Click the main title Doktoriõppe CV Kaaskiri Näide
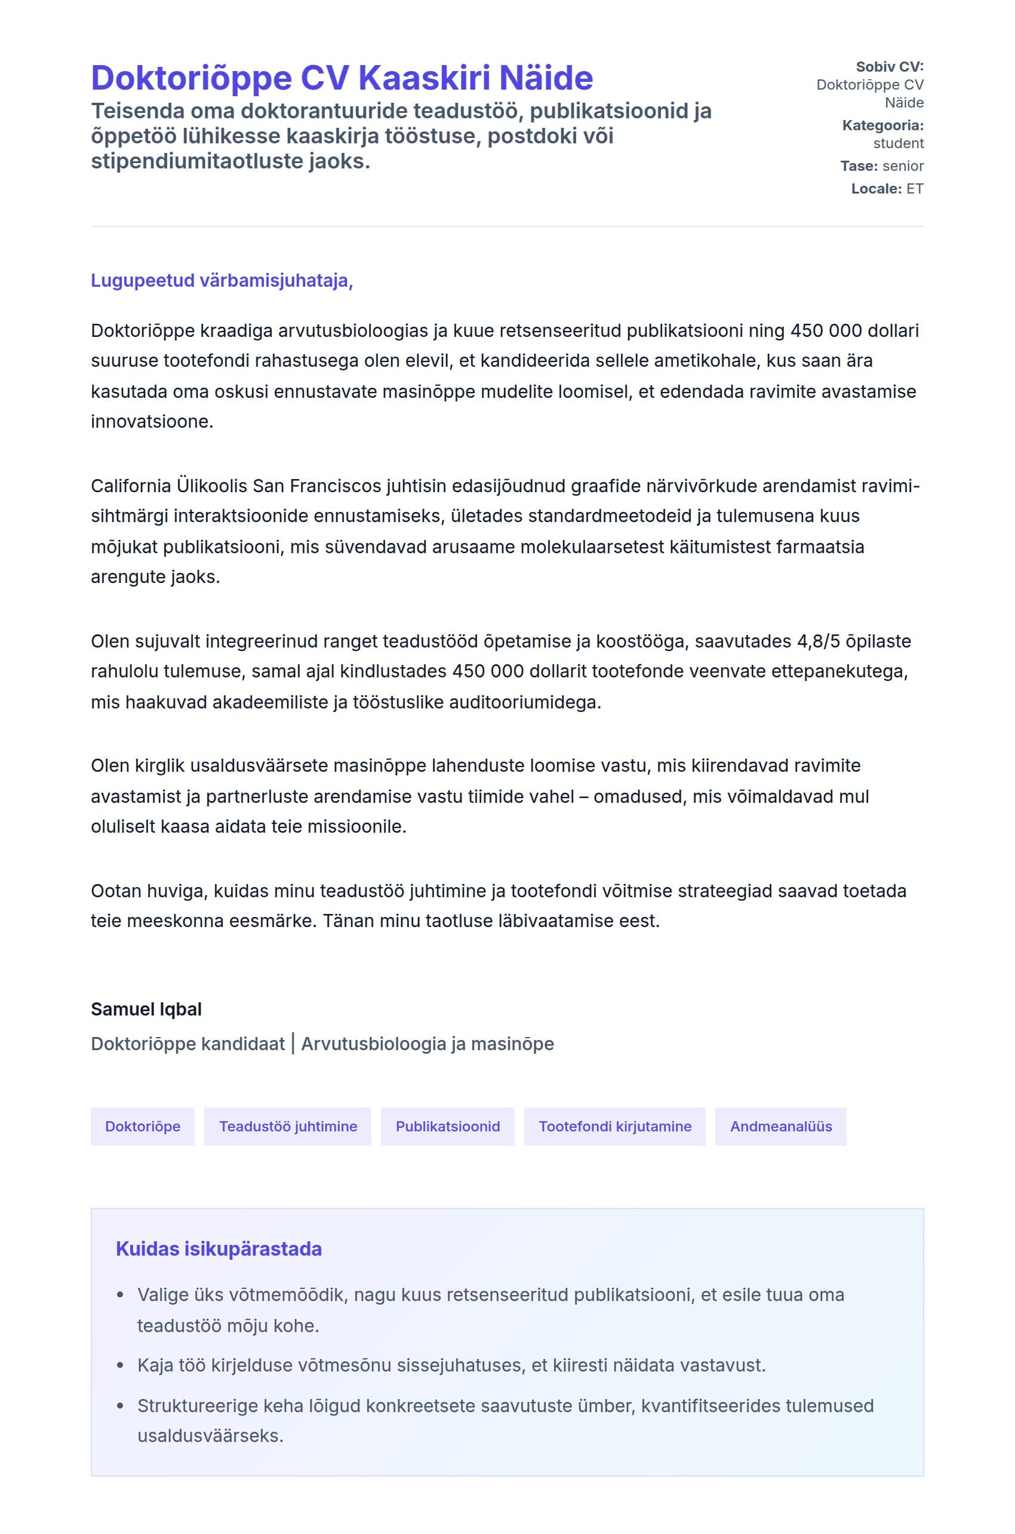tap(342, 78)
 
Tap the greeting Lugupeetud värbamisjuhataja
tap(222, 280)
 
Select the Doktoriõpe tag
tap(143, 1126)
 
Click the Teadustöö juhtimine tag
tap(287, 1126)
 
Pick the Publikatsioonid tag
tap(447, 1126)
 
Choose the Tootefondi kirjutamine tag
tap(614, 1126)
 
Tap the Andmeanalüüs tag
tap(781, 1126)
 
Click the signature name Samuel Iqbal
tap(146, 1009)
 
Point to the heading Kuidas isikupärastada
tap(219, 1249)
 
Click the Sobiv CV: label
tap(890, 67)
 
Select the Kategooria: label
tap(882, 125)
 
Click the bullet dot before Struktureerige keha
tap(120, 1406)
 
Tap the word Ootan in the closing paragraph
tap(116, 891)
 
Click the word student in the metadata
tap(899, 143)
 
